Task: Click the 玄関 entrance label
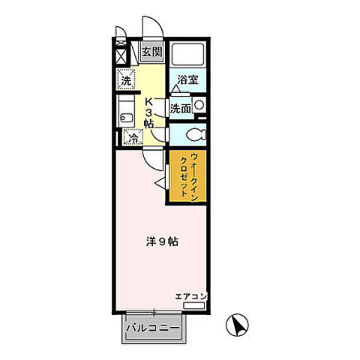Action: (x=151, y=52)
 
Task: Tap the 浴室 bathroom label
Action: (x=187, y=79)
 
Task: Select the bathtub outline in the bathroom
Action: (x=187, y=55)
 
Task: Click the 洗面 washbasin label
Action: (x=179, y=108)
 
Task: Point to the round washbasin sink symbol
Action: (x=199, y=106)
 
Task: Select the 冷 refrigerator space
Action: (x=132, y=138)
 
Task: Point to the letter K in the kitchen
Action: (x=148, y=101)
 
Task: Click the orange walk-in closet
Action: (x=188, y=175)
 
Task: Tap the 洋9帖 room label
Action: (x=161, y=242)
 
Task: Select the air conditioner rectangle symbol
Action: (x=194, y=306)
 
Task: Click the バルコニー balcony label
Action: (x=152, y=328)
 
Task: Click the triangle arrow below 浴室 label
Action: (x=175, y=88)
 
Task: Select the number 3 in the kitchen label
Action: (x=148, y=112)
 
